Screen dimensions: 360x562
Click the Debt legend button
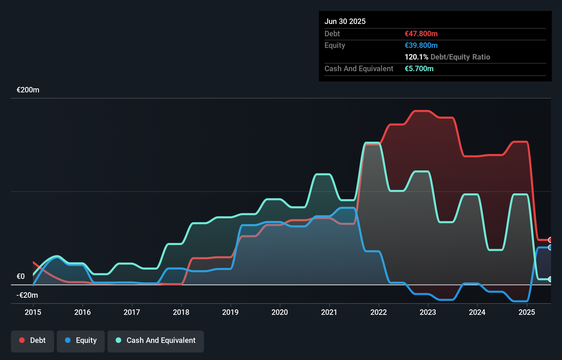pos(33,340)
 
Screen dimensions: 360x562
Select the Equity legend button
pos(81,340)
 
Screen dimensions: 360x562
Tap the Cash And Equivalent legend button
pos(156,340)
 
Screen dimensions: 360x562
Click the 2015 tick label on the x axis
pos(33,312)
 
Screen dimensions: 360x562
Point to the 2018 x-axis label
pos(181,312)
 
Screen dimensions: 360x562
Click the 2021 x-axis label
pos(329,312)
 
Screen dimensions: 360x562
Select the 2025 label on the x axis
pos(526,312)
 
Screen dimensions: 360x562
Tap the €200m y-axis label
pos(28,90)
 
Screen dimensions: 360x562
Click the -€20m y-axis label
pos(27,295)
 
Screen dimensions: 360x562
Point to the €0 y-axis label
pos(21,276)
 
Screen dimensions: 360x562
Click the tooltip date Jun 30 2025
pos(345,22)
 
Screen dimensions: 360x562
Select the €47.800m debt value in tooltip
pos(421,34)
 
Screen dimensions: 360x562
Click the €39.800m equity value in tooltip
pos(421,46)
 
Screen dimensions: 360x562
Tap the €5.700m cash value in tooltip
pos(419,69)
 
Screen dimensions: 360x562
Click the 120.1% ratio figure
pos(416,57)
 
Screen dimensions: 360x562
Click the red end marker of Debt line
pos(550,240)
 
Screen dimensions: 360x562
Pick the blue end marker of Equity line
pos(550,247)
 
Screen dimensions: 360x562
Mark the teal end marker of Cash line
pos(550,279)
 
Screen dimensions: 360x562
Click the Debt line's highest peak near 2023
pos(421,111)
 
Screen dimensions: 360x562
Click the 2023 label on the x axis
pos(428,312)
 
